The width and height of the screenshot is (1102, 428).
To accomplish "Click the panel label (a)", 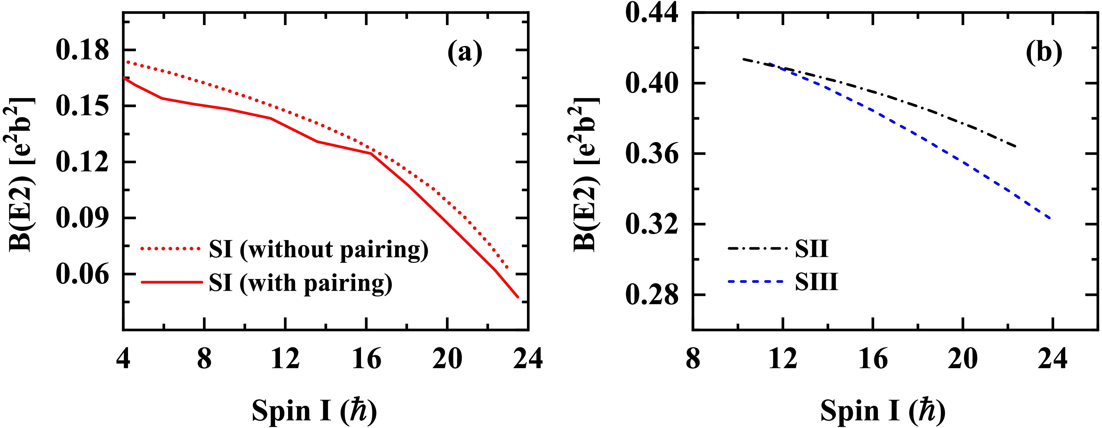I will (x=465, y=53).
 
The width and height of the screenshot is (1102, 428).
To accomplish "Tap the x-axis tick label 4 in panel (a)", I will (x=123, y=358).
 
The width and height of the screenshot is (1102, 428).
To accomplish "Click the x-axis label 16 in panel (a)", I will (x=366, y=358).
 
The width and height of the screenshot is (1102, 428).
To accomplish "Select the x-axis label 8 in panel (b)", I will (x=693, y=358).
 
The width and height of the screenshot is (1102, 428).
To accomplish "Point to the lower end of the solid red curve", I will (x=518, y=297).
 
